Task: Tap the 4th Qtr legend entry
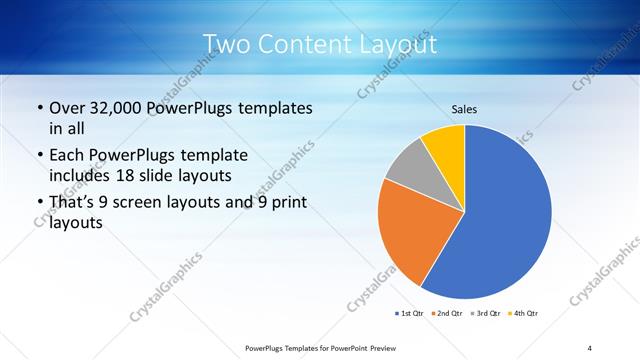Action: click(x=525, y=315)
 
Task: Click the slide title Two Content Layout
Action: click(x=319, y=44)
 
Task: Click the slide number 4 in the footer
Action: click(x=590, y=347)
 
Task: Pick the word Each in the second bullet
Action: click(x=68, y=155)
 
